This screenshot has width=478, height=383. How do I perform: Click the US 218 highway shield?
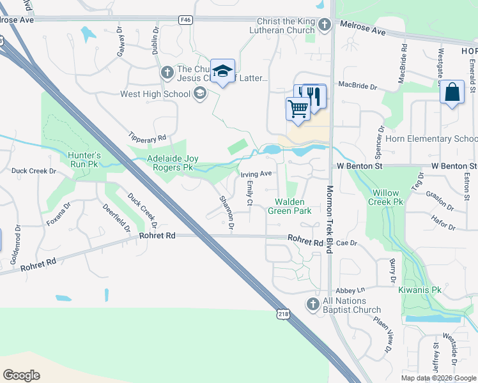pos(283,313)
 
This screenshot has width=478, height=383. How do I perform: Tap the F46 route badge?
pos(186,20)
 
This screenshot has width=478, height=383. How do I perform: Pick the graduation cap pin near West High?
pos(222,71)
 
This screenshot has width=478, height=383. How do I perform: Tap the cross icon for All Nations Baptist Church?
pos(312,304)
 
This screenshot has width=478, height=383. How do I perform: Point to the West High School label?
pos(156,94)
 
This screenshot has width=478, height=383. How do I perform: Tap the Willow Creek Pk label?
pos(386,197)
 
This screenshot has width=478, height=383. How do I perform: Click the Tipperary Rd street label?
pos(148,137)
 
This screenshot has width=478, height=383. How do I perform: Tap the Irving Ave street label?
pos(256,174)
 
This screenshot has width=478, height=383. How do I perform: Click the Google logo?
pos(22,375)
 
